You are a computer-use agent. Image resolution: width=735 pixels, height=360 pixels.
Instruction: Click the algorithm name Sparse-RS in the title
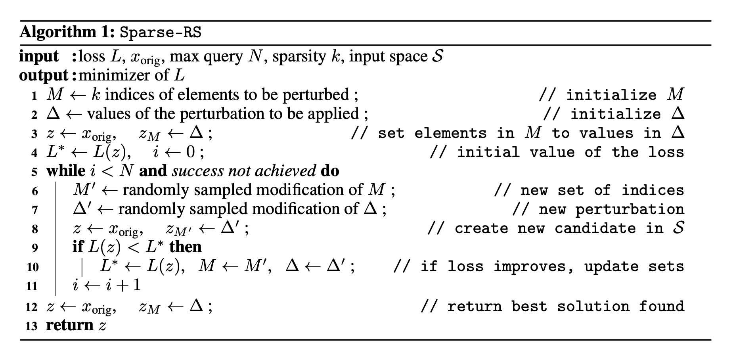pyautogui.click(x=161, y=32)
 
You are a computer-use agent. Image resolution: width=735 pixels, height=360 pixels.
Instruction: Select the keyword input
pyautogui.click(x=39, y=57)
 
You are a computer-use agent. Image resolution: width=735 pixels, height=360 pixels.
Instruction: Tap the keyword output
pyautogui.click(x=44, y=75)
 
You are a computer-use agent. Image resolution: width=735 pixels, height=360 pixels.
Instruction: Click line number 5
pyautogui.click(x=34, y=172)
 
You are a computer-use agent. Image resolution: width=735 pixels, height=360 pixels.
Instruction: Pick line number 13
pyautogui.click(x=31, y=326)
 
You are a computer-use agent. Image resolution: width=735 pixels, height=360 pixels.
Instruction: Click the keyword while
pyautogui.click(x=65, y=171)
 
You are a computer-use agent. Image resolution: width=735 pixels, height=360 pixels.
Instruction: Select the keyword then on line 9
pyautogui.click(x=185, y=247)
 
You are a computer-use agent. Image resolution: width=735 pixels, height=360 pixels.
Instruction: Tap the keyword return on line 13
pyautogui.click(x=69, y=326)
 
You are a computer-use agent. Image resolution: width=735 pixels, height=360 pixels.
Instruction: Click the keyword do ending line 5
pyautogui.click(x=330, y=171)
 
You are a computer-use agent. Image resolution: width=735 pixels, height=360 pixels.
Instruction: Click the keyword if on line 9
pyautogui.click(x=78, y=247)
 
